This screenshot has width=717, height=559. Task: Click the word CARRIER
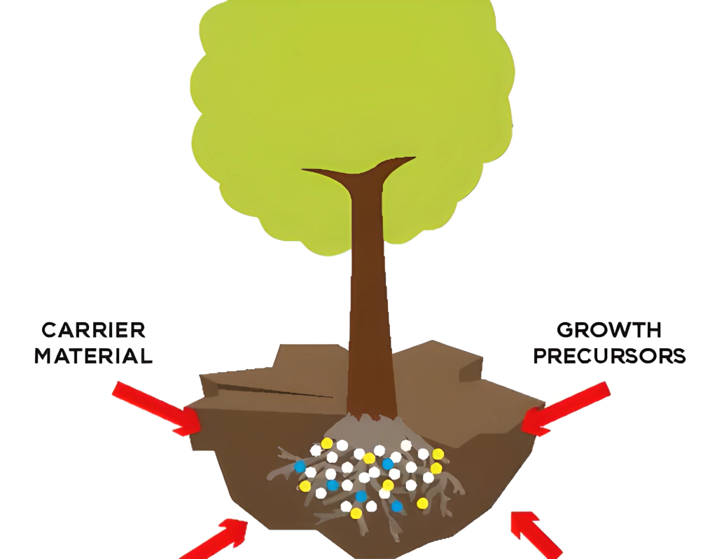(x=93, y=330)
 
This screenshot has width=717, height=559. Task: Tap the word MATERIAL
(x=93, y=355)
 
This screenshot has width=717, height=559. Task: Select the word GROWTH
(x=608, y=330)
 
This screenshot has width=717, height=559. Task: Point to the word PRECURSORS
(x=608, y=355)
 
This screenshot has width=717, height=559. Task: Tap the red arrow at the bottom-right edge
(x=536, y=536)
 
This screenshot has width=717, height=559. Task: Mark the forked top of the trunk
(x=361, y=172)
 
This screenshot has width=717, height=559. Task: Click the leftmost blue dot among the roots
(x=300, y=466)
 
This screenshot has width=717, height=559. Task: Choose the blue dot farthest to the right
(x=397, y=506)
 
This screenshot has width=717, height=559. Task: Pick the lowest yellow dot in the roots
(x=356, y=513)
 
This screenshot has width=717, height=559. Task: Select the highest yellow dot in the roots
(x=326, y=443)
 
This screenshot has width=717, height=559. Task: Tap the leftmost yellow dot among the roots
(x=305, y=485)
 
